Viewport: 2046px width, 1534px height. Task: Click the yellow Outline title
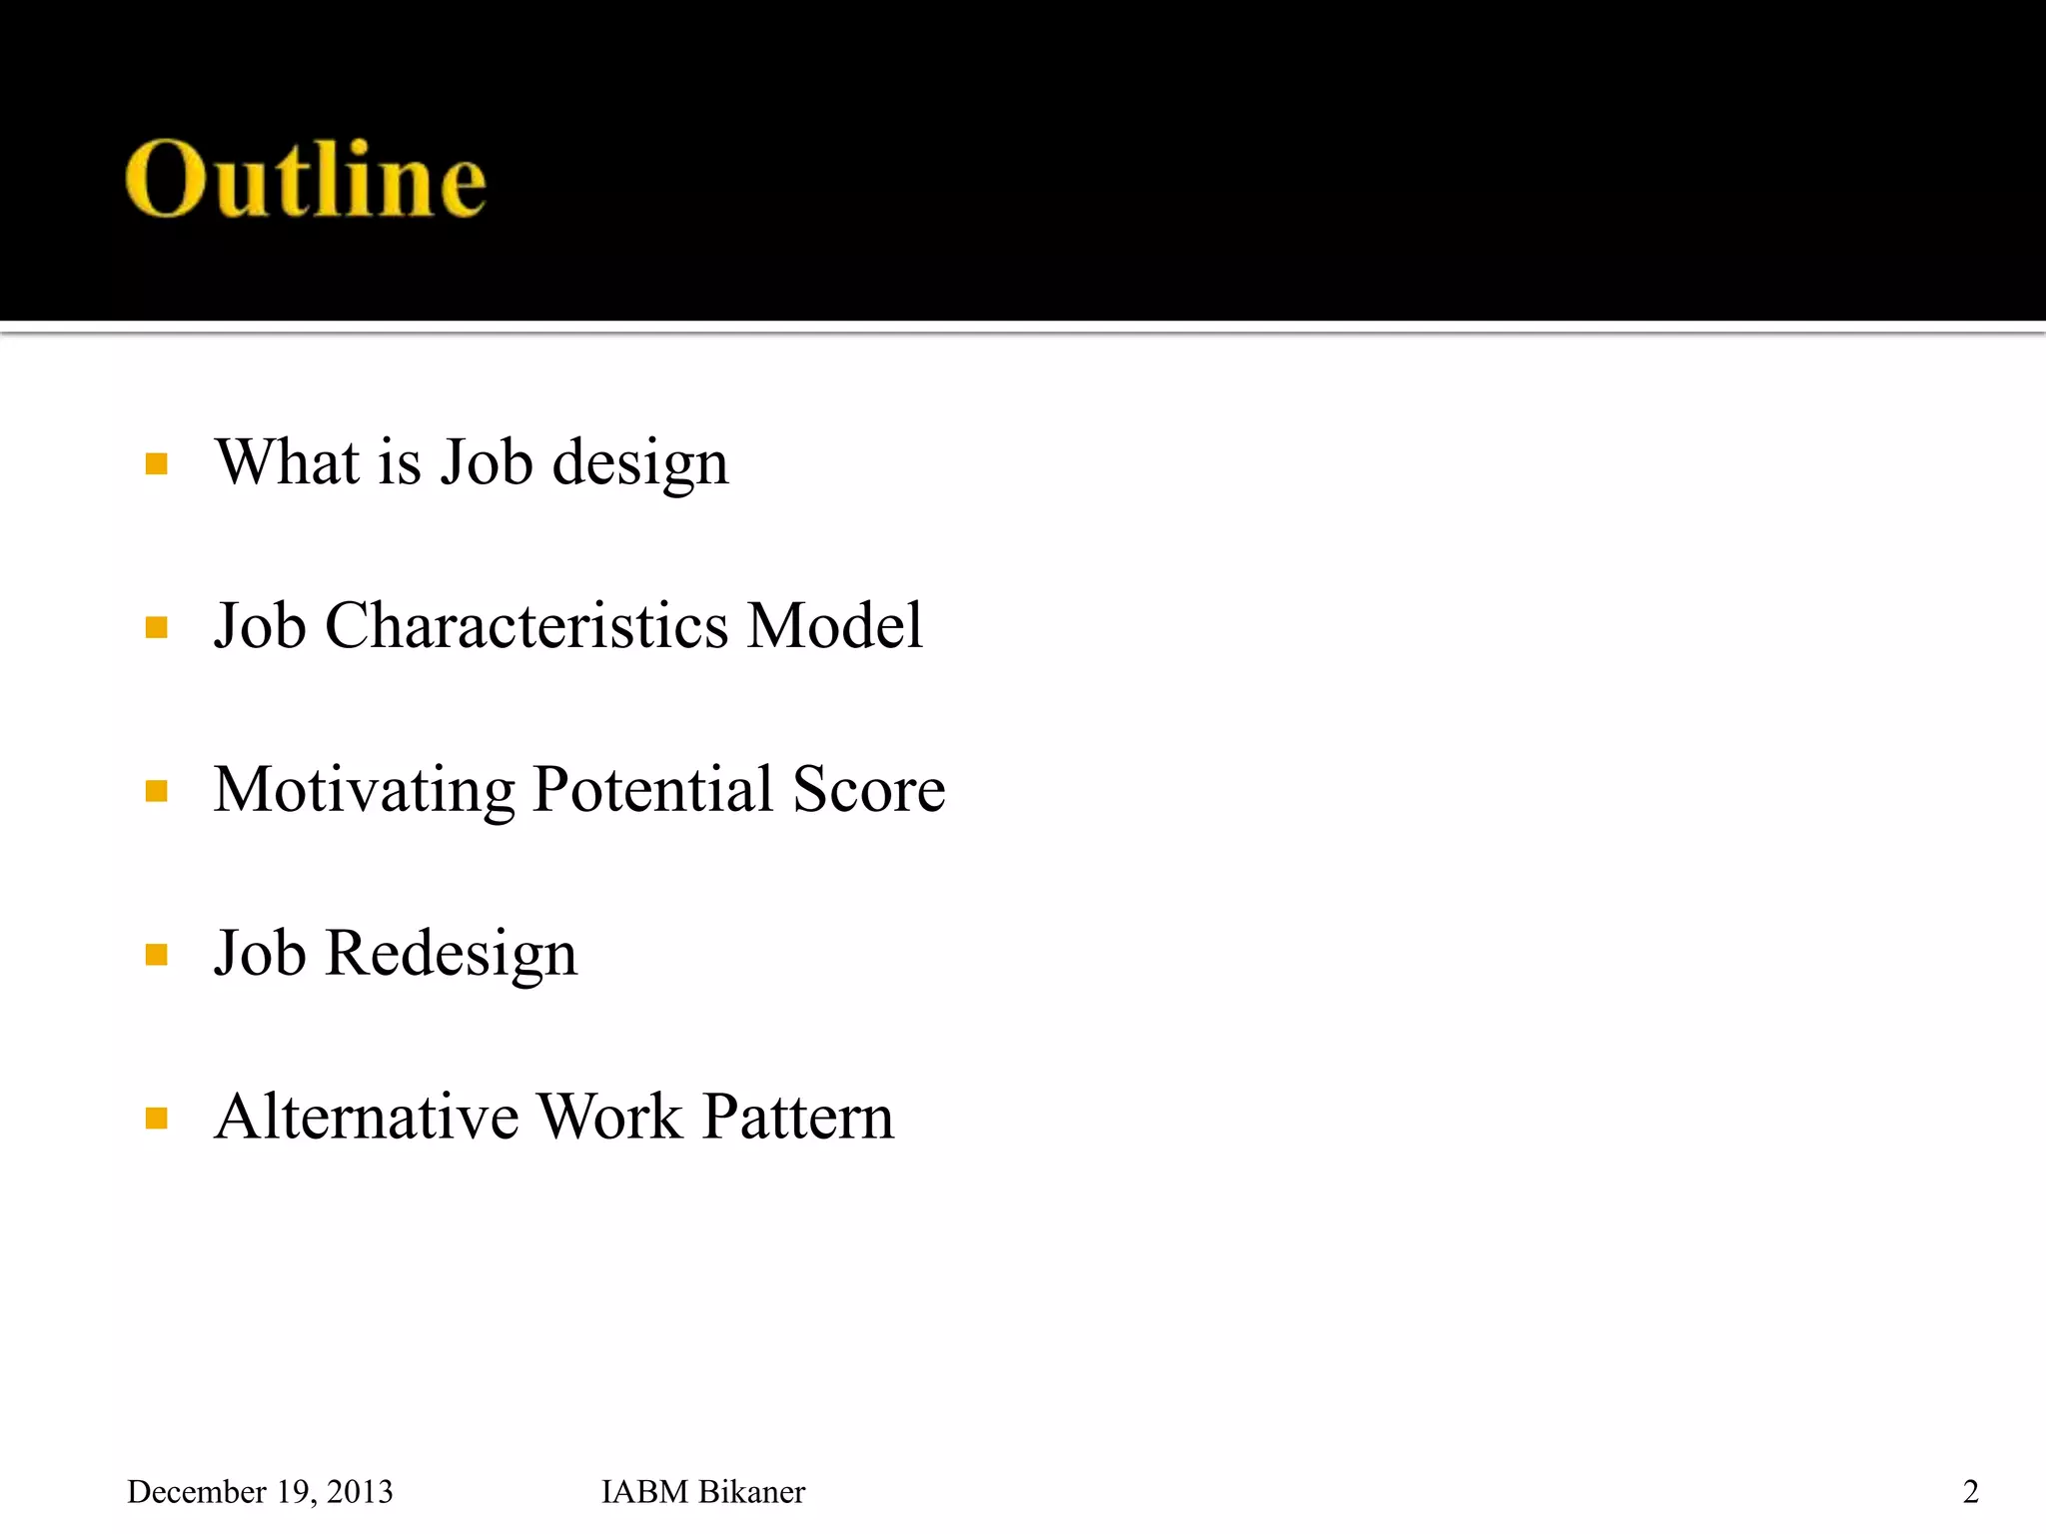pyautogui.click(x=306, y=180)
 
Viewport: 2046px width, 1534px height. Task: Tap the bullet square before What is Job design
pyautogui.click(x=156, y=463)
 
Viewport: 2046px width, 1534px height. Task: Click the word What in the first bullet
pyautogui.click(x=287, y=462)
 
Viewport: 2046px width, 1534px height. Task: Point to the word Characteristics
pyautogui.click(x=526, y=626)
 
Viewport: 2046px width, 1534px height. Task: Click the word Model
pyautogui.click(x=834, y=626)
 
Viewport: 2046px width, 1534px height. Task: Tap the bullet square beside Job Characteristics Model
pyautogui.click(x=156, y=627)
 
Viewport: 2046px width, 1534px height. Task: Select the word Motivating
pyautogui.click(x=364, y=790)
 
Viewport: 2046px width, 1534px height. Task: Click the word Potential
pyautogui.click(x=653, y=790)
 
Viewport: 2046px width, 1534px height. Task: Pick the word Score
pyautogui.click(x=868, y=790)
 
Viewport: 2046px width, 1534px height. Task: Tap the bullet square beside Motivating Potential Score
pyautogui.click(x=156, y=792)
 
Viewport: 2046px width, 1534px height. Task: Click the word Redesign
pyautogui.click(x=451, y=955)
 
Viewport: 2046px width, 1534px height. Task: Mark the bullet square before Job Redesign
pyautogui.click(x=156, y=956)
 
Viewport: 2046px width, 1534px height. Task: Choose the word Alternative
pyautogui.click(x=367, y=1117)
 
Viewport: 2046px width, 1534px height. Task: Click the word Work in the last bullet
pyautogui.click(x=609, y=1117)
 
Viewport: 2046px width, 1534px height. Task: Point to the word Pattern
pyautogui.click(x=797, y=1117)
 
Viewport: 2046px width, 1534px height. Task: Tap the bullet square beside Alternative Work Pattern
pyautogui.click(x=156, y=1119)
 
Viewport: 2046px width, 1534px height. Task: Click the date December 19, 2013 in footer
pyautogui.click(x=260, y=1492)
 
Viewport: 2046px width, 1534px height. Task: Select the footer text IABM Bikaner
pyautogui.click(x=702, y=1492)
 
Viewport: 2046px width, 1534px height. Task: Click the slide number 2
pyautogui.click(x=1970, y=1492)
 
